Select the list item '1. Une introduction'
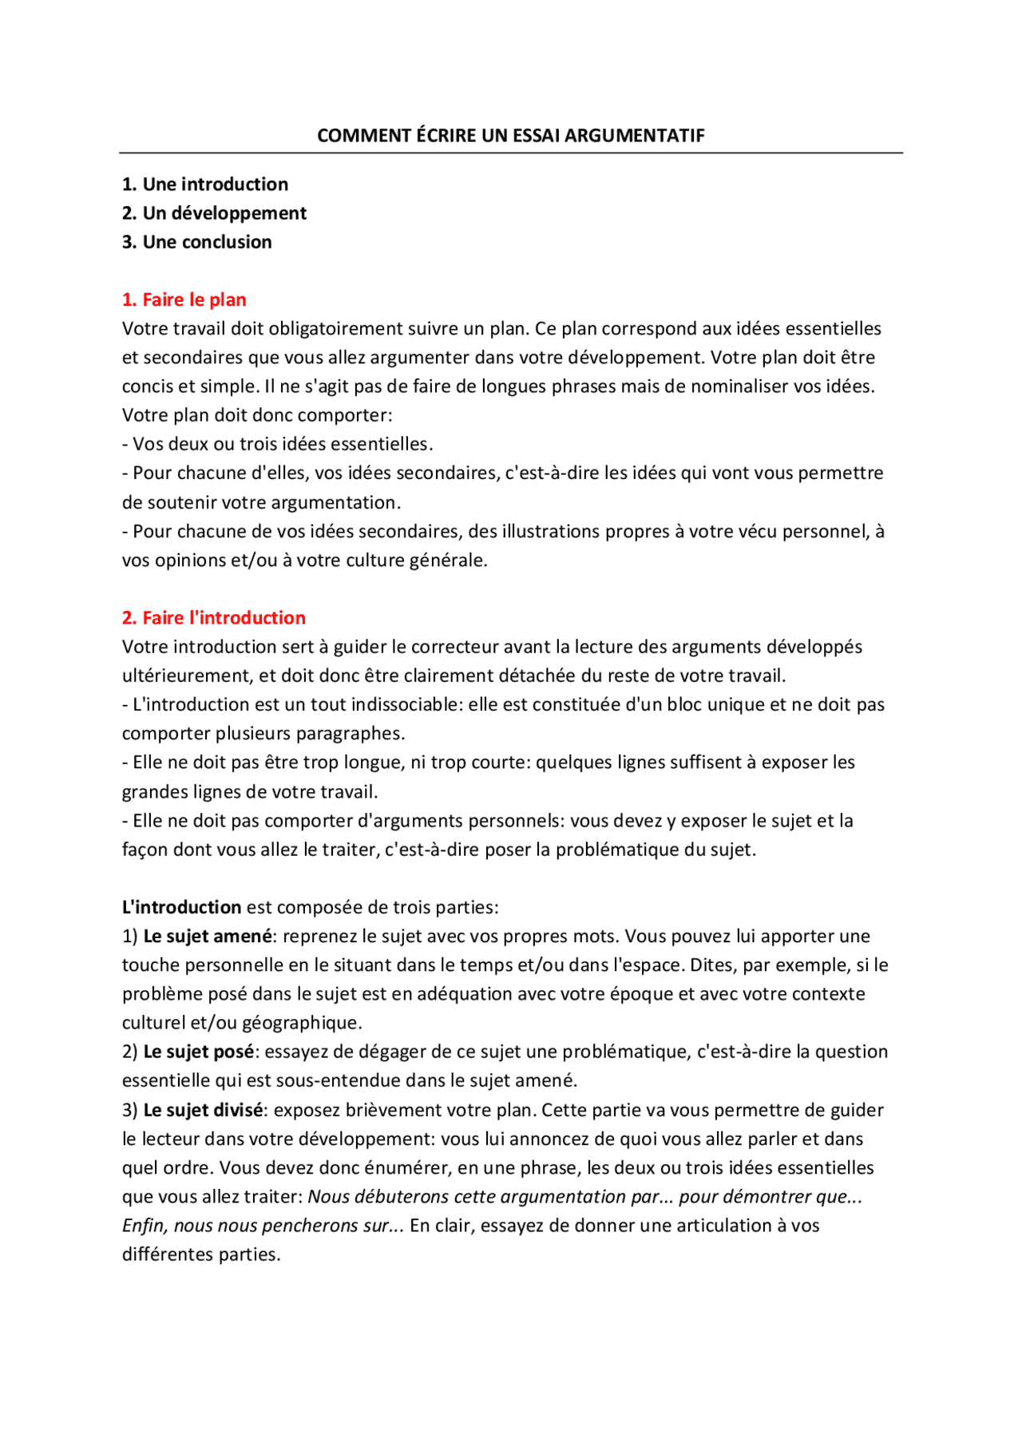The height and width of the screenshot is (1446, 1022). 205,184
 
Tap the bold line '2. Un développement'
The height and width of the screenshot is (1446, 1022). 214,213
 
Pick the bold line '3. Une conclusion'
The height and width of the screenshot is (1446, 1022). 196,242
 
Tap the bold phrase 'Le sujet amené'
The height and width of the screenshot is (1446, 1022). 208,937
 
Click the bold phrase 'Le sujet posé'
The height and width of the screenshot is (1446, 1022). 199,1052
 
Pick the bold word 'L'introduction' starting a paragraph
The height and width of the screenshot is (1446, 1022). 181,908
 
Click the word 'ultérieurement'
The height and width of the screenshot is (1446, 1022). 185,676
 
